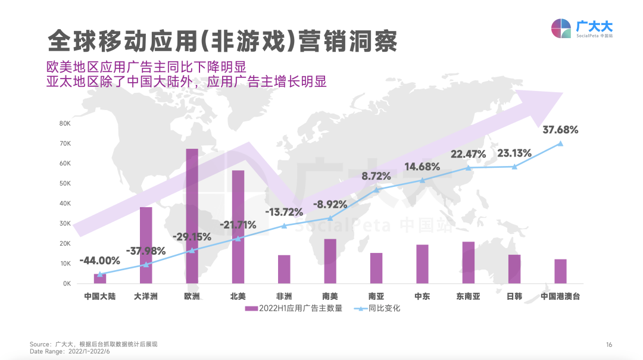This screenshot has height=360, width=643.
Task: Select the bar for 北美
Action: pos(238,227)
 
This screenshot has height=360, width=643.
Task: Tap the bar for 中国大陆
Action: pos(100,278)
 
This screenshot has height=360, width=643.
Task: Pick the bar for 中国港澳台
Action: pos(560,271)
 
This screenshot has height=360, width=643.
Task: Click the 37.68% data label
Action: pos(560,129)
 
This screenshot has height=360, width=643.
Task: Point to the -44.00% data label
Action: pos(99,261)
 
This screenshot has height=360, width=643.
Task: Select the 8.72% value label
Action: pos(376,176)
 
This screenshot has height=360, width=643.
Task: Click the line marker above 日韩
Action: pos(514,167)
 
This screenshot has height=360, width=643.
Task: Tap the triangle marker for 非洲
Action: pos(284,226)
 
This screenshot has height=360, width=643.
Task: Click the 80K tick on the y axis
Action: pos(65,123)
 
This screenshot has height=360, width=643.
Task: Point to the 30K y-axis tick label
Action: pos(65,224)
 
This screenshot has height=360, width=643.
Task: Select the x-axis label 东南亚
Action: pos(468,296)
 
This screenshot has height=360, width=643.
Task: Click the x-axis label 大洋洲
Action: pos(146,296)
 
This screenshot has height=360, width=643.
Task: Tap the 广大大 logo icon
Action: pos(561,29)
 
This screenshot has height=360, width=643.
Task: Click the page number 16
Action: pos(609,345)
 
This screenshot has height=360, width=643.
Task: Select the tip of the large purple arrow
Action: pos(561,93)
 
